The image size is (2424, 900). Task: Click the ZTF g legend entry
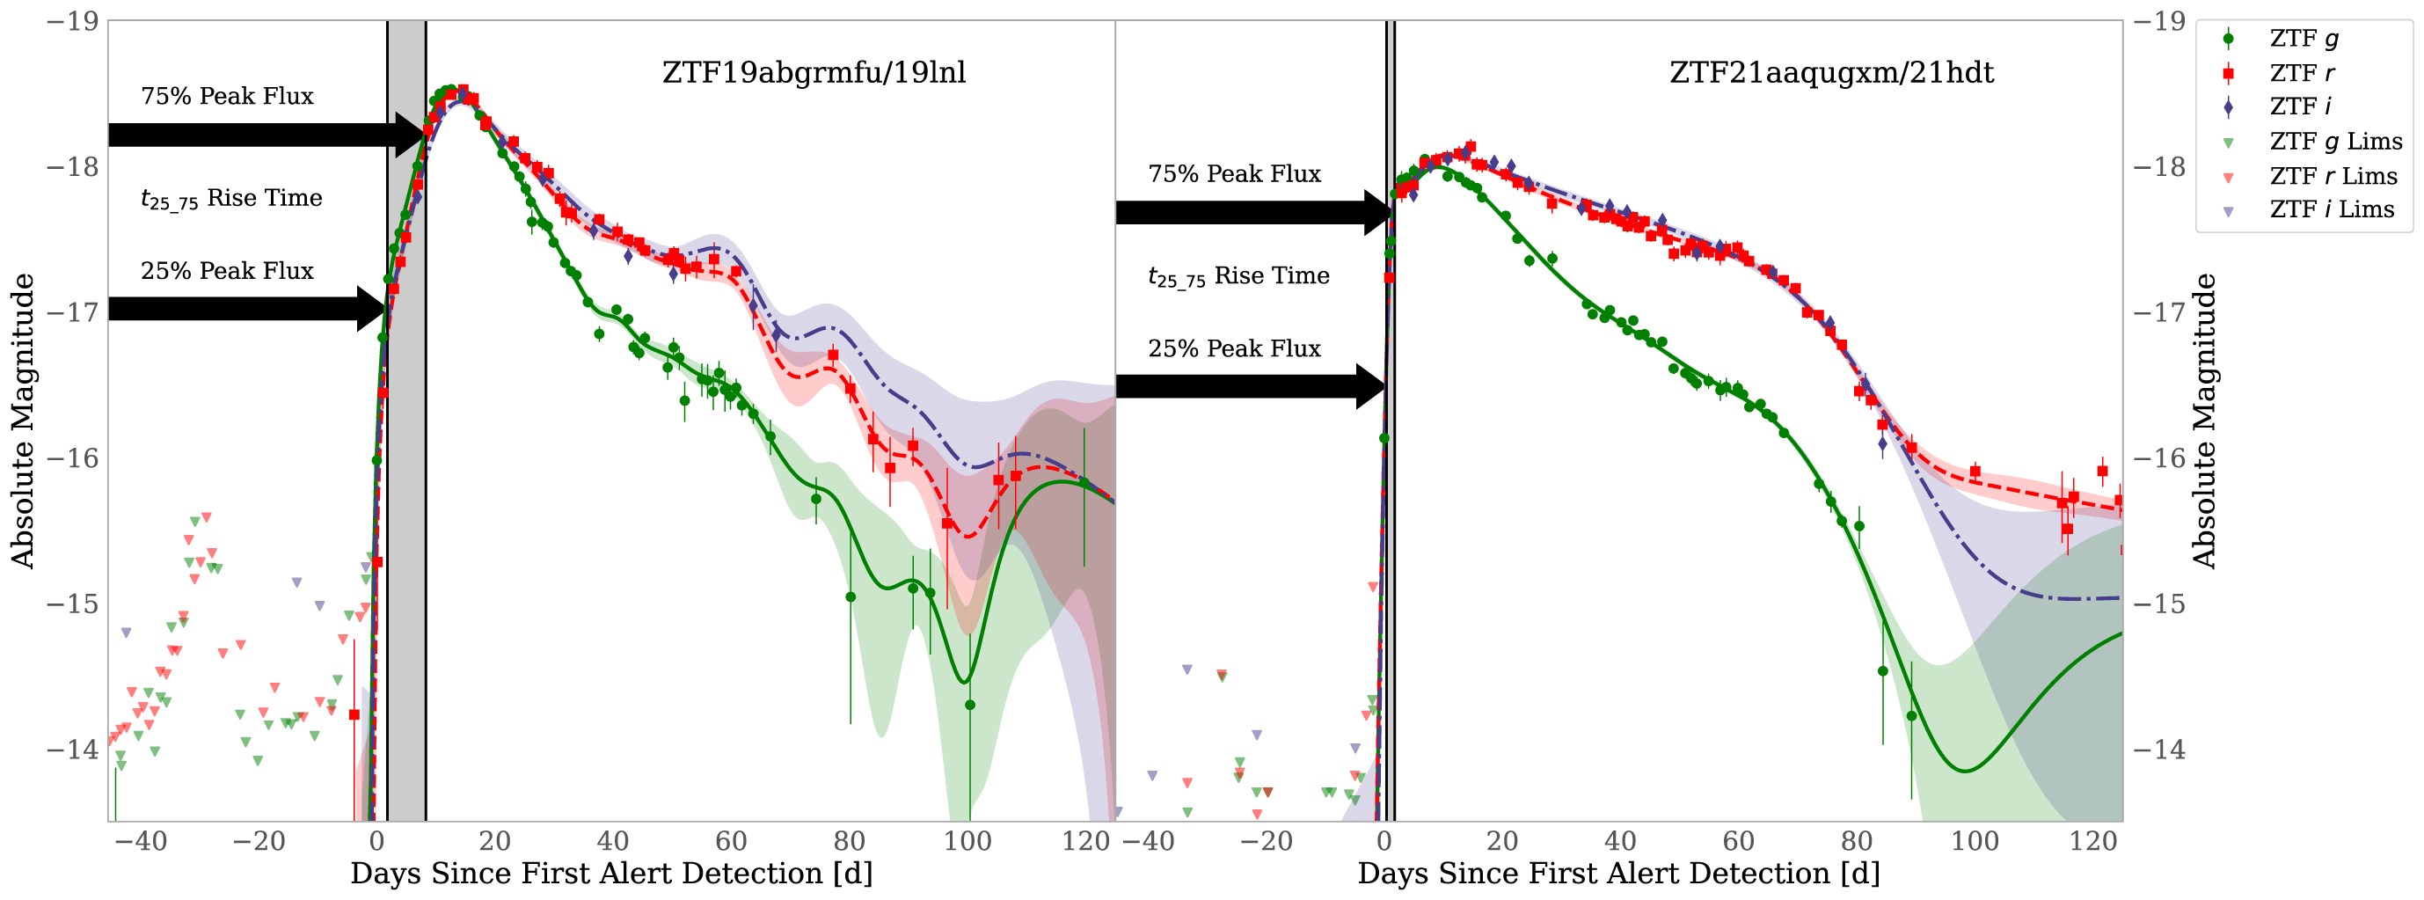(2303, 39)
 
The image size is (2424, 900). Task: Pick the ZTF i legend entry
(2300, 106)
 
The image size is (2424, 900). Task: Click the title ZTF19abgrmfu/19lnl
(814, 72)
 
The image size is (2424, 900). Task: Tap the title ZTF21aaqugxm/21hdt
(1831, 72)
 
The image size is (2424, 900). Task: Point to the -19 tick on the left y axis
(72, 21)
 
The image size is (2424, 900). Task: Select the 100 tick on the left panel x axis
(967, 841)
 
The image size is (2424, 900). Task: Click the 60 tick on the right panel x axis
(1738, 841)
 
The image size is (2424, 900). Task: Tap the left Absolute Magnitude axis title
(23, 421)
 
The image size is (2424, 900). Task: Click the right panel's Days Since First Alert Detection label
(1618, 874)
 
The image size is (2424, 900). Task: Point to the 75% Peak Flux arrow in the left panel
(264, 135)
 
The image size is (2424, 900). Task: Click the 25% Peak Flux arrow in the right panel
(1247, 386)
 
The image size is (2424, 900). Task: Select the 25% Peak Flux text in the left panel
(227, 271)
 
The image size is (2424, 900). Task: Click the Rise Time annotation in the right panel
(1238, 277)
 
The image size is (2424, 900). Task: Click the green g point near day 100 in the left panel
(969, 705)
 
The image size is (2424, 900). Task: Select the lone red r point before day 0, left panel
(354, 715)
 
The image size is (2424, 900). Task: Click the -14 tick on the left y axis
(72, 750)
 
